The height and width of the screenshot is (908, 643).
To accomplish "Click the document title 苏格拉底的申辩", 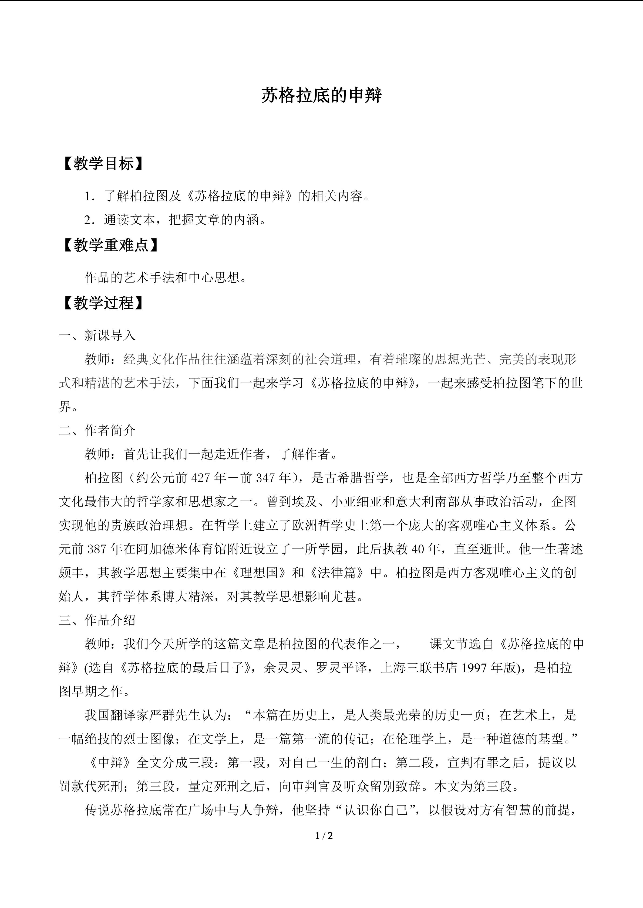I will [321, 96].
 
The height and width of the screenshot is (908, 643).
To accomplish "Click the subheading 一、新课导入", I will [97, 336].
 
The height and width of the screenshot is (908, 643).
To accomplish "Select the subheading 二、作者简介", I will [97, 430].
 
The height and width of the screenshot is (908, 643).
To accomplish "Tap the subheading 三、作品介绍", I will [97, 620].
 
